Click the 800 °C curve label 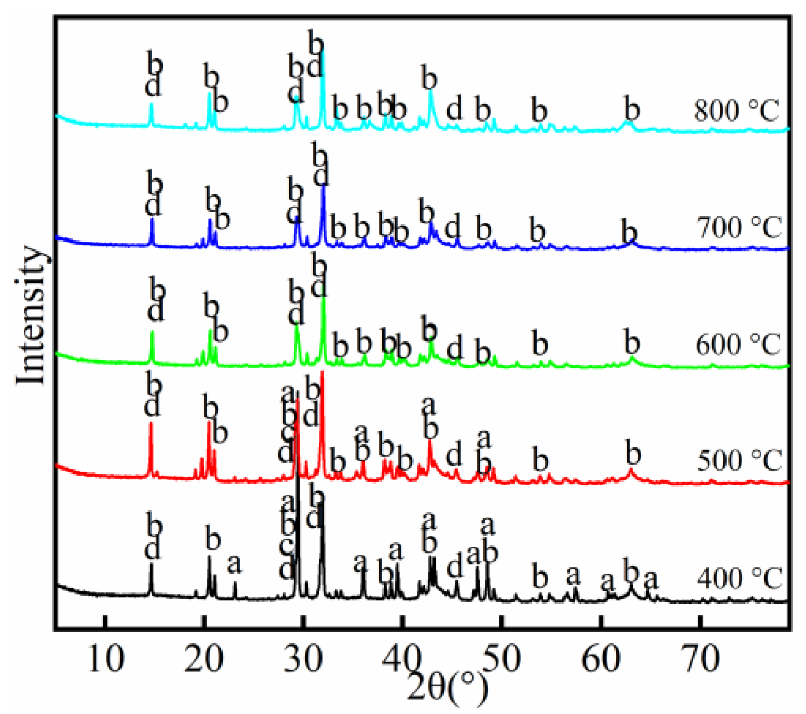736,111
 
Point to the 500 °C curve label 739,461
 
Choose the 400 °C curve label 739,579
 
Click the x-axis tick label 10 106,658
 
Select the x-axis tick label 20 204,658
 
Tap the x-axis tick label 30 304,658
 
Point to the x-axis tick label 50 501,658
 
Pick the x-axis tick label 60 601,658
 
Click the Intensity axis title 31,315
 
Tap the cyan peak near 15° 152,104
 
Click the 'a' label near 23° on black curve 235,565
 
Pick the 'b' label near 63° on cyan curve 631,110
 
